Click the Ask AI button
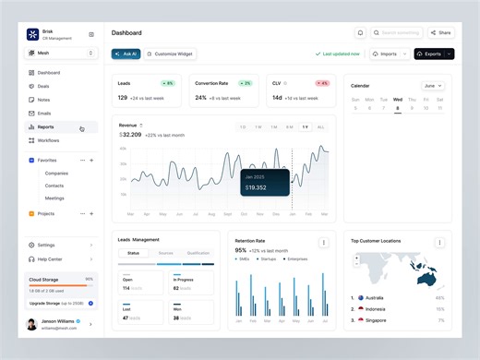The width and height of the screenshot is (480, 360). (x=126, y=54)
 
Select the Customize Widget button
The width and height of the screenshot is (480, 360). (x=170, y=54)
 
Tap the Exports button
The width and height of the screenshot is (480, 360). (x=430, y=54)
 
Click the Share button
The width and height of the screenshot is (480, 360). (x=441, y=32)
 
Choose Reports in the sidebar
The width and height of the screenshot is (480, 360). (x=46, y=126)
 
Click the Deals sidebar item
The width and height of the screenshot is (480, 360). (x=43, y=86)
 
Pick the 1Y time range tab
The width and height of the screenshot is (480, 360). (x=306, y=126)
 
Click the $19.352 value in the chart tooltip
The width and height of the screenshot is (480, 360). (x=256, y=188)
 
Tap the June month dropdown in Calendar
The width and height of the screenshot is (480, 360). (x=433, y=86)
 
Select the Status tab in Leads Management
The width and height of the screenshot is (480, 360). (x=134, y=252)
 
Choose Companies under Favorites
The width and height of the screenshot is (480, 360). (x=56, y=173)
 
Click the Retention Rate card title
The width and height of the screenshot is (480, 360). (x=250, y=240)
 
